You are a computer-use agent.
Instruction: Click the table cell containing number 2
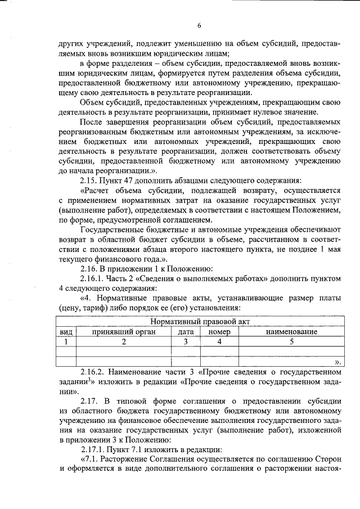click(123, 341)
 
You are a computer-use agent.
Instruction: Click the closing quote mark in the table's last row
click(337, 362)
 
